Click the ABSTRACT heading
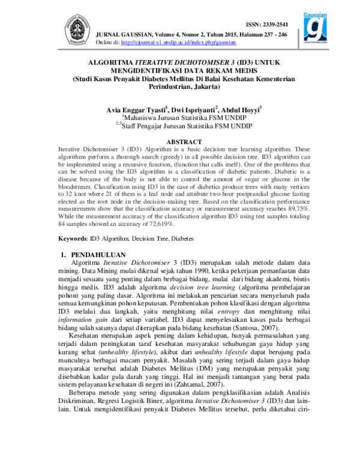tap(180, 142)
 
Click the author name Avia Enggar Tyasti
tap(137, 110)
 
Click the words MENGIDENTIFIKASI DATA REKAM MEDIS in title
tap(180, 70)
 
